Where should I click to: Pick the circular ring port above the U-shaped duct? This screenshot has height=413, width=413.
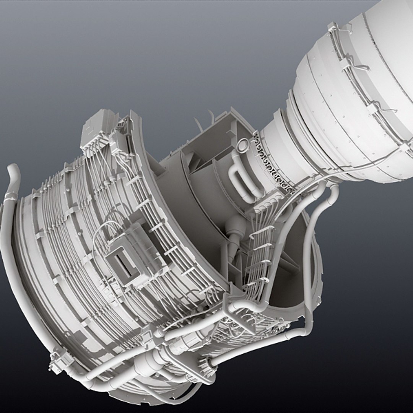pos(242,145)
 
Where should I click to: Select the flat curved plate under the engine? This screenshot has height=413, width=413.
pos(172,398)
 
